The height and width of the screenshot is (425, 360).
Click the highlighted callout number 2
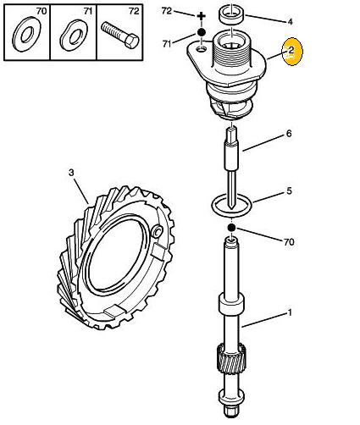tap(291, 51)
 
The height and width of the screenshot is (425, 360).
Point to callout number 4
tap(290, 22)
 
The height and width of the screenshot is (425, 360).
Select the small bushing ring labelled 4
tap(231, 16)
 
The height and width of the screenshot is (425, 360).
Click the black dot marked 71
tap(201, 32)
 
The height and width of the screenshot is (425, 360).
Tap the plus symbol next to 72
tap(201, 16)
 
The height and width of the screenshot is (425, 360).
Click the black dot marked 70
tap(231, 228)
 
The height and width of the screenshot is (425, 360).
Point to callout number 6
tap(289, 134)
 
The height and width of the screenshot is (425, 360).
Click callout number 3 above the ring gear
tap(71, 173)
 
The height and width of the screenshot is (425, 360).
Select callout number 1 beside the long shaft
tap(290, 312)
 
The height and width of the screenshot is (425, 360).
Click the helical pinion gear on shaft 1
tap(231, 357)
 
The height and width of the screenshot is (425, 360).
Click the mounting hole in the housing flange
tap(202, 50)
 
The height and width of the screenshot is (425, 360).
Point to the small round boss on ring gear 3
tap(157, 231)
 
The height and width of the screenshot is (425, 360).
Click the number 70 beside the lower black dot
tap(289, 242)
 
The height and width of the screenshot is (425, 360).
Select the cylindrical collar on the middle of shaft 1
tap(231, 304)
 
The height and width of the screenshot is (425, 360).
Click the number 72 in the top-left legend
tap(134, 11)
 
